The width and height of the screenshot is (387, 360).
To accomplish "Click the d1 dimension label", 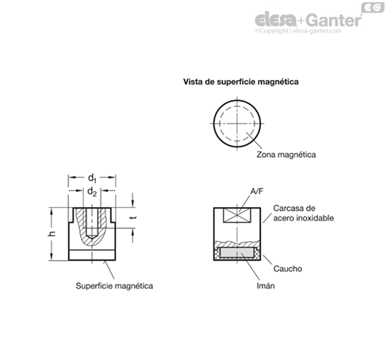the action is tap(92, 178).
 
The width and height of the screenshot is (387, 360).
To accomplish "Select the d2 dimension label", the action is tap(92, 191).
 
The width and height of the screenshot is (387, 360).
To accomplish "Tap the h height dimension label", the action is tap(53, 234).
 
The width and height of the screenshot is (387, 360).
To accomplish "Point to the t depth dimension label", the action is tap(134, 218).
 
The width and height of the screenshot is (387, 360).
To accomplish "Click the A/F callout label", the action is tap(257, 191).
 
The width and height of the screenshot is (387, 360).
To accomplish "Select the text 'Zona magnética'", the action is tap(286, 155).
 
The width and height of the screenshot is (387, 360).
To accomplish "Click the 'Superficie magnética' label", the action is tap(114, 285).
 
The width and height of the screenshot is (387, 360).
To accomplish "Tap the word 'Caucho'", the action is tap(288, 269).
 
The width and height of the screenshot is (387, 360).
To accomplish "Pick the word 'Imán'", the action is tap(266, 285).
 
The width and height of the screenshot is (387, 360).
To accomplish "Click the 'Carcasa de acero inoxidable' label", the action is tap(303, 213).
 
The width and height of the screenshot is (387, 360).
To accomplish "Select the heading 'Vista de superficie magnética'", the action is tap(241, 82).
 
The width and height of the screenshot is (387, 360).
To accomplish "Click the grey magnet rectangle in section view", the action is tap(237, 253).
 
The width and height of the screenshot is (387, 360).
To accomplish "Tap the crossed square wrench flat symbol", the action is tap(237, 215).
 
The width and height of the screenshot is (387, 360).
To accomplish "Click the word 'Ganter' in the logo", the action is tap(334, 20).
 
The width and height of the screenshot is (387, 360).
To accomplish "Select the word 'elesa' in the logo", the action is tap(275, 20).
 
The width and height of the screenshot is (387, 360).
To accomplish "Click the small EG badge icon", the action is tap(373, 7).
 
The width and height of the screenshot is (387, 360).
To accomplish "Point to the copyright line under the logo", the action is tap(298, 31).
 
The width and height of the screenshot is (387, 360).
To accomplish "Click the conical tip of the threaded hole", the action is tap(92, 236).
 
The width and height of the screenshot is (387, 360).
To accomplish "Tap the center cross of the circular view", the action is tap(237, 124).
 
